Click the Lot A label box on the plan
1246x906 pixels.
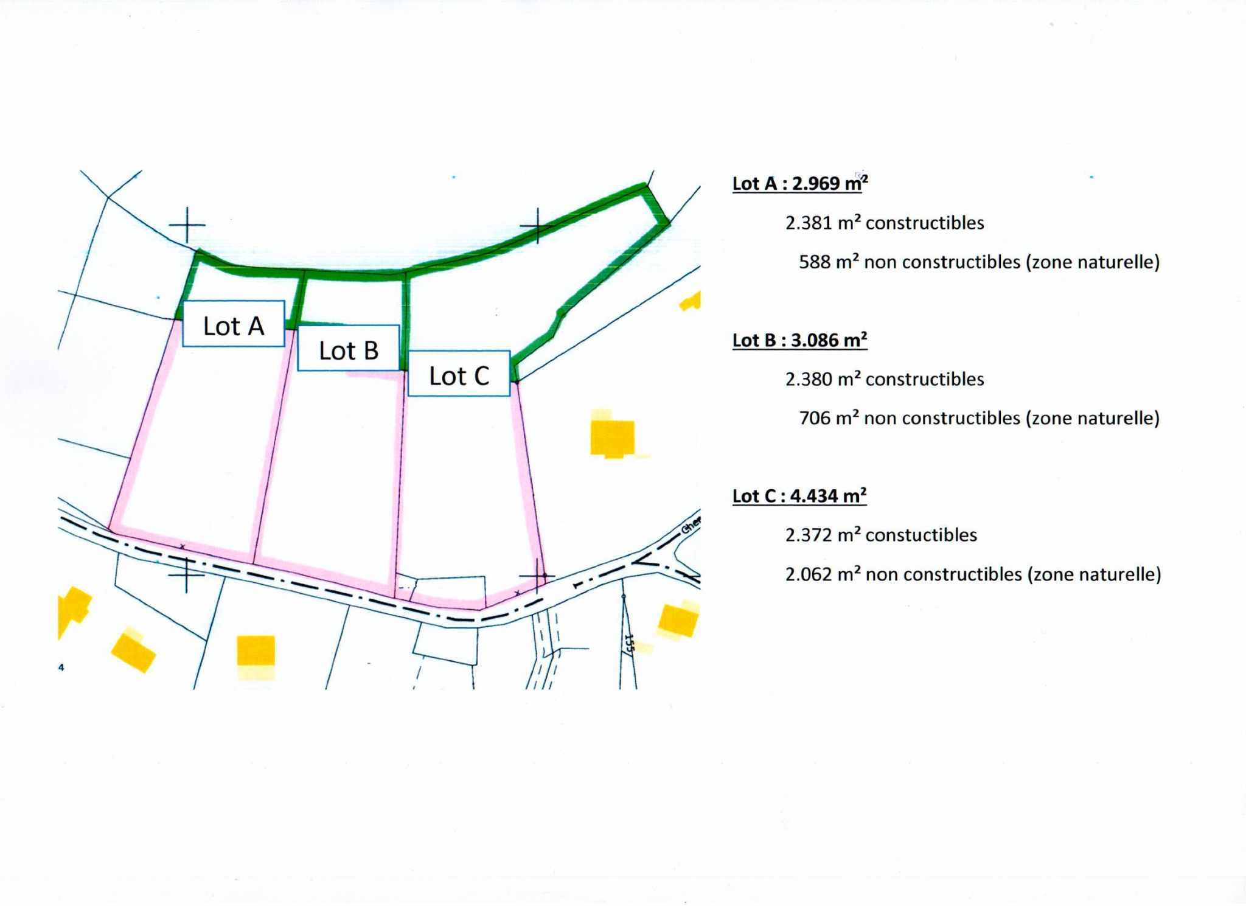234,324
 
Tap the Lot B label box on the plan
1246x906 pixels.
349,348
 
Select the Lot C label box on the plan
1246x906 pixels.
459,374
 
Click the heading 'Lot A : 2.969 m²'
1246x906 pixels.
800,183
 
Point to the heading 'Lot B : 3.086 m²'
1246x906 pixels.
800,340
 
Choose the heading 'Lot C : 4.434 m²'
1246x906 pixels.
799,496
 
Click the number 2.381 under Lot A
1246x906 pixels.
809,223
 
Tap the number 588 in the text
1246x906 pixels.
814,262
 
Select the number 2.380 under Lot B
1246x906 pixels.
809,380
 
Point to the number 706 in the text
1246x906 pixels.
814,419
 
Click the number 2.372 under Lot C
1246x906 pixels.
809,535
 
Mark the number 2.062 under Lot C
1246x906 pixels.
809,574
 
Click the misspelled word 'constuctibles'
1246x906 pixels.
921,535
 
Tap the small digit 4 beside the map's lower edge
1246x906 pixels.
61,667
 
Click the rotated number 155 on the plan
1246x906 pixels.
629,643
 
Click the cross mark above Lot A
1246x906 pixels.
187,225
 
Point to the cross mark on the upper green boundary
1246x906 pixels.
537,226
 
